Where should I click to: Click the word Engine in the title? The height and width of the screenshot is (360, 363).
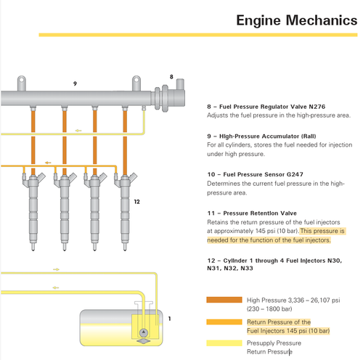click(258, 21)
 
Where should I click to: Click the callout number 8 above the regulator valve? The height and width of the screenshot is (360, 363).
click(171, 77)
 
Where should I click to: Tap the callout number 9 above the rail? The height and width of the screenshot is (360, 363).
click(75, 83)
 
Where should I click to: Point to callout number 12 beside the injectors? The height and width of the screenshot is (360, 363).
click(137, 202)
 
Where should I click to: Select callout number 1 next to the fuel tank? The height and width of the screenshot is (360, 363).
click(170, 319)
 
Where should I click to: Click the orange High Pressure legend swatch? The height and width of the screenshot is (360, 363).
click(224, 300)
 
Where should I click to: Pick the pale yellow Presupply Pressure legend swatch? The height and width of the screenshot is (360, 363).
click(224, 343)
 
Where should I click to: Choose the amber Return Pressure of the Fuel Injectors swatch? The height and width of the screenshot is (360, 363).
click(224, 322)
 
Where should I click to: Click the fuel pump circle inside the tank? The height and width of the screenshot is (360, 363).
click(144, 332)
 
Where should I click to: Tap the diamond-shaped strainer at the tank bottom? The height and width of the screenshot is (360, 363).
click(144, 341)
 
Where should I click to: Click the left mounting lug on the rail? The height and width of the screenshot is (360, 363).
click(21, 83)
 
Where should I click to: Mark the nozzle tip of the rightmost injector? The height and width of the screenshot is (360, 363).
click(125, 250)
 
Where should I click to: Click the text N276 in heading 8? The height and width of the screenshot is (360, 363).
click(317, 107)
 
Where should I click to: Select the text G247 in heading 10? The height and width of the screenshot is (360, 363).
click(295, 174)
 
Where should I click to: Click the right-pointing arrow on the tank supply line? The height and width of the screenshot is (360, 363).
click(56, 269)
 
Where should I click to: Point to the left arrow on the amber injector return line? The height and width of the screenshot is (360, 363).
click(48, 163)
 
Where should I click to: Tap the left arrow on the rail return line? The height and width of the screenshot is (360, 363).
click(78, 131)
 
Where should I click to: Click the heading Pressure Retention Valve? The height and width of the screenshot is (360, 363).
click(260, 213)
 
